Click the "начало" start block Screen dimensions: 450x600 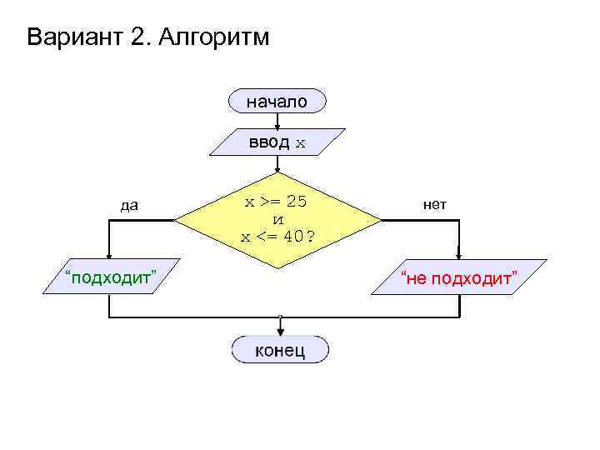point(277,102)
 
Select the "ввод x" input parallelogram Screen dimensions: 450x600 point(277,142)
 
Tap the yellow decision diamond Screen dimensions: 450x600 point(277,220)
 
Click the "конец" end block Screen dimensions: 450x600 point(280,350)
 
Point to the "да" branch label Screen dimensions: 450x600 point(128,204)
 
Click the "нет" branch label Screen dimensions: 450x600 point(435,204)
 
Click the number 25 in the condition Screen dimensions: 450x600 point(297,202)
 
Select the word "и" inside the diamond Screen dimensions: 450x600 point(277,219)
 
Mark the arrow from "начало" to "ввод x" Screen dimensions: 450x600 point(277,121)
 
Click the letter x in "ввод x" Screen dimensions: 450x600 point(301,143)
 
